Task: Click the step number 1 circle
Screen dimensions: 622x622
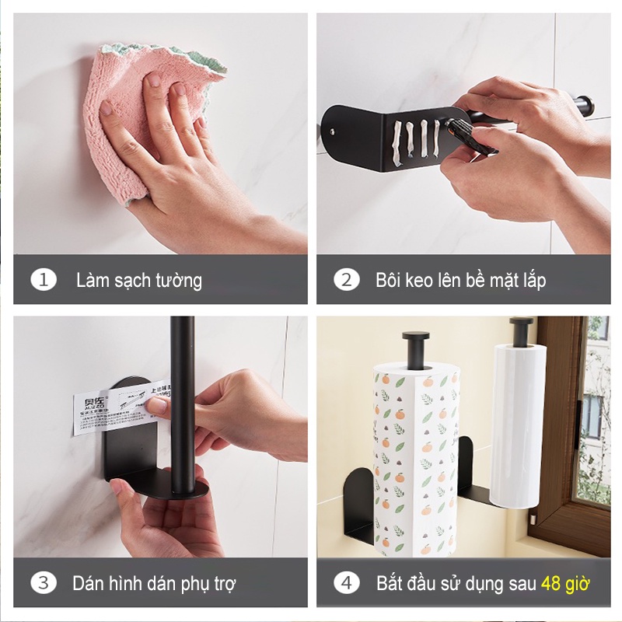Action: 44,280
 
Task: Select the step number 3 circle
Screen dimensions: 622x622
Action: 44,582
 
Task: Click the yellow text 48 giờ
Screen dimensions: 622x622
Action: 565,582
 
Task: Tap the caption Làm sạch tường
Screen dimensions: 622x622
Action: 138,280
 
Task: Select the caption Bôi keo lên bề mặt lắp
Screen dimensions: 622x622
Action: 460,280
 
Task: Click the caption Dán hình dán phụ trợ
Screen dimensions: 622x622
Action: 154,582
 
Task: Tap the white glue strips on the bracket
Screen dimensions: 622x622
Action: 412,140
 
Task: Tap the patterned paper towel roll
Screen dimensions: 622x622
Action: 416,459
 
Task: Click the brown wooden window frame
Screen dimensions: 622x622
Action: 564,435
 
